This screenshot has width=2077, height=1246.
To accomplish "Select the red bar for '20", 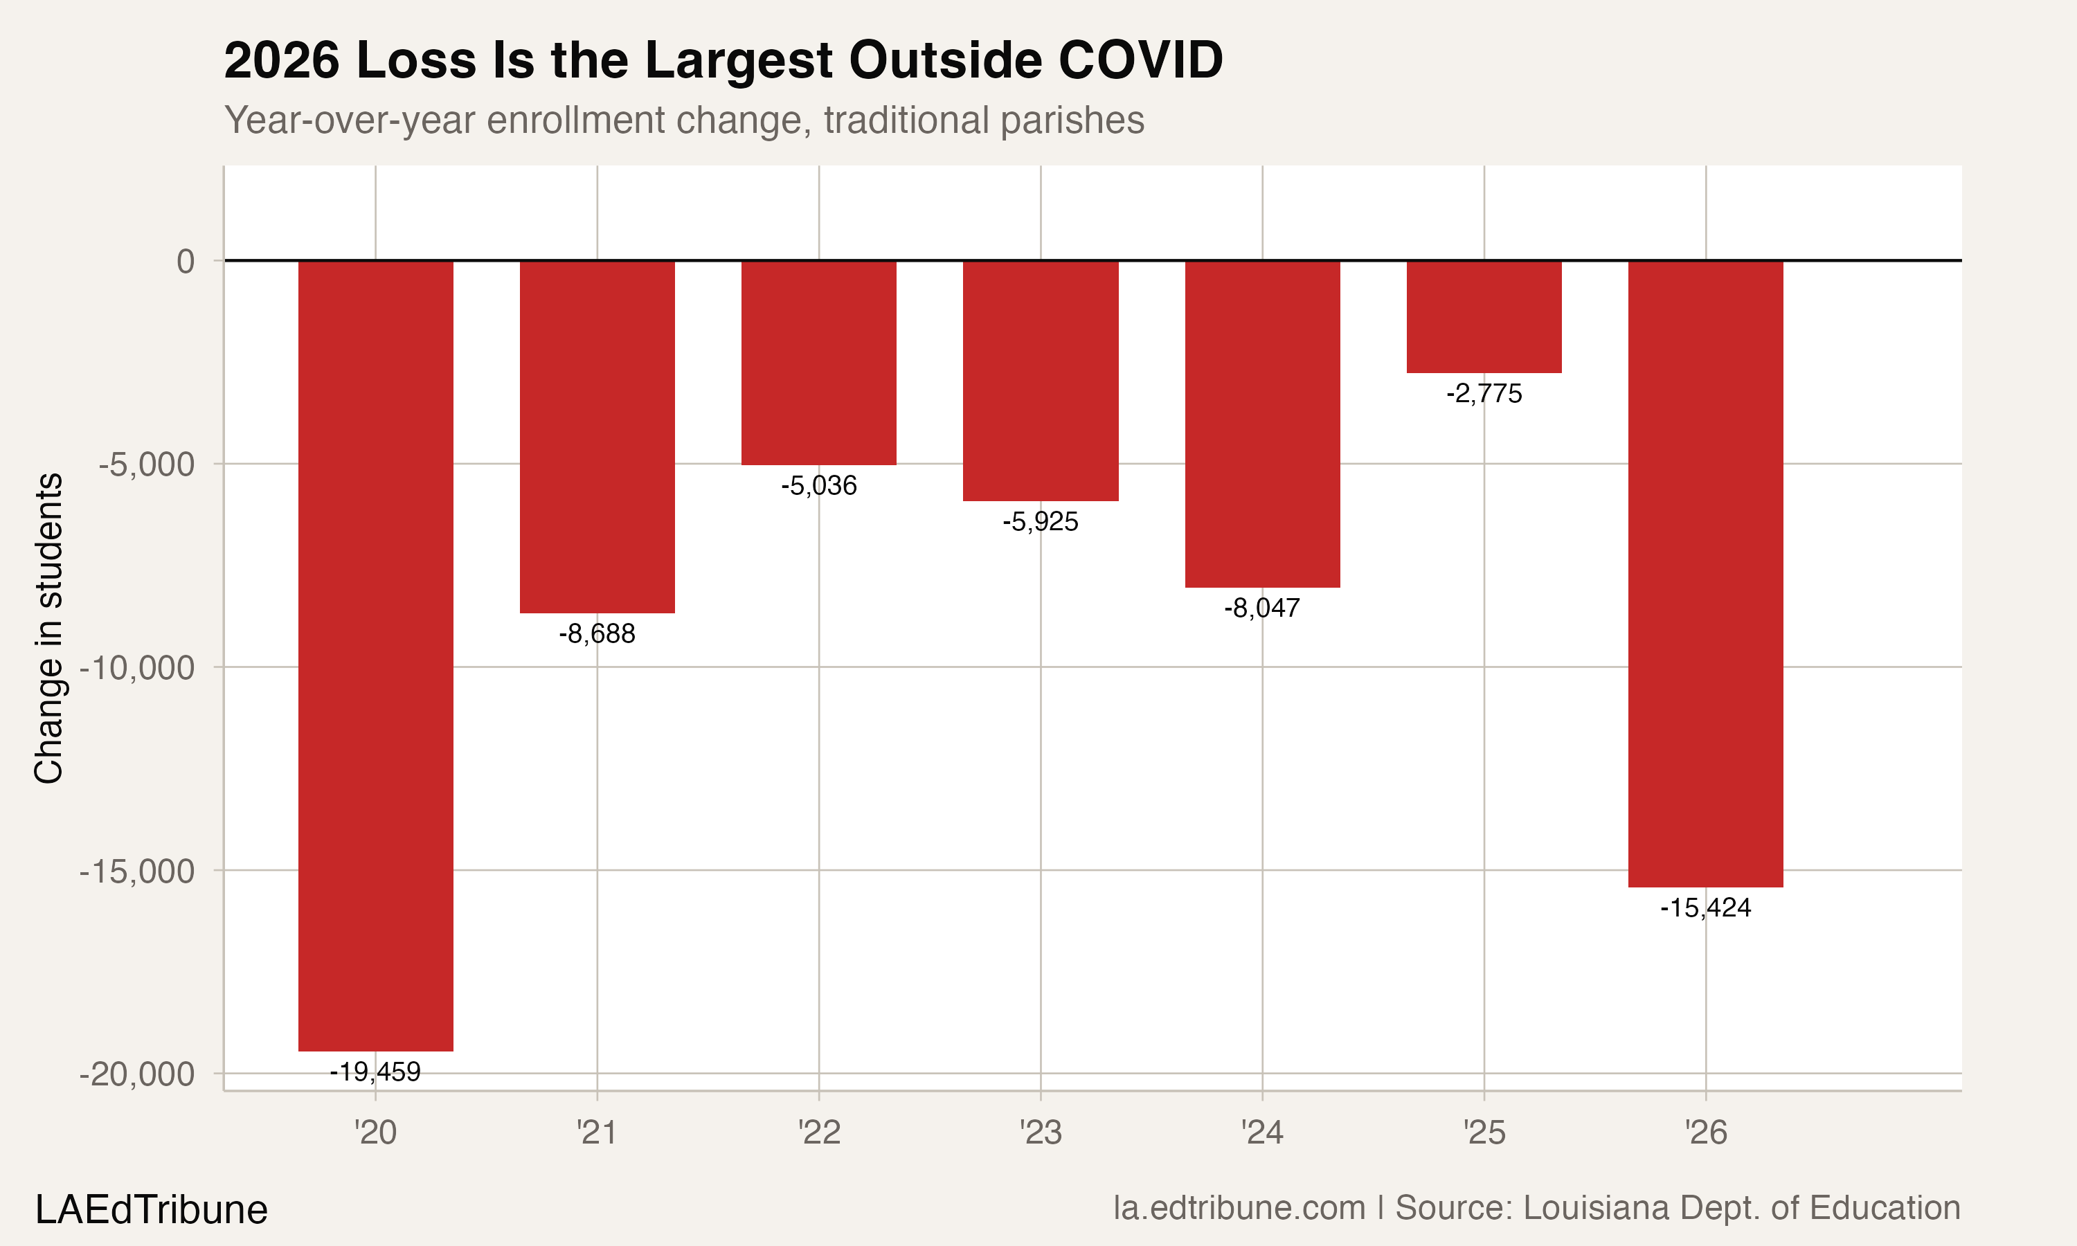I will coord(375,655).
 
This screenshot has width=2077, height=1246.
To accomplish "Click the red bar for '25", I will coord(1484,316).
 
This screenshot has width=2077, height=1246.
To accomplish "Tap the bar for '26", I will coord(1705,573).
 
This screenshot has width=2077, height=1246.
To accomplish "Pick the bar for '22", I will coord(818,363).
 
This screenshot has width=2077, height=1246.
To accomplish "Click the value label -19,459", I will coord(375,1072).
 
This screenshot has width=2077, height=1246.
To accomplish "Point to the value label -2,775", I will coord(1484,393).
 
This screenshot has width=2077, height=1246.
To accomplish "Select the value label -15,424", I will coord(1705,908).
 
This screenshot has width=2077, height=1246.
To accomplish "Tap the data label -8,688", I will coord(597,633).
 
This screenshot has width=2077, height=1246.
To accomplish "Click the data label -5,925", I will coord(1040,521).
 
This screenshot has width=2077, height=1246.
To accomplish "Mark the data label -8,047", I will coord(1262,608).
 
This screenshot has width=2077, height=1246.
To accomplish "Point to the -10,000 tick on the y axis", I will coord(137,668).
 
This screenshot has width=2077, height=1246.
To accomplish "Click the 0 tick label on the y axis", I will coord(186,261).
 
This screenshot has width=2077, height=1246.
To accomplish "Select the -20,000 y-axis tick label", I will coord(137,1074).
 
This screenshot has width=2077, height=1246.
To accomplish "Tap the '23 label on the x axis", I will coord(1040,1132).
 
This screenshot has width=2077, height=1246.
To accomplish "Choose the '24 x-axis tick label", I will coord(1262,1132).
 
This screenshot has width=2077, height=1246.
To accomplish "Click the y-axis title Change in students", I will coord(48,628).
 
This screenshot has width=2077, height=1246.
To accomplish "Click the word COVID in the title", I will coord(1140,60).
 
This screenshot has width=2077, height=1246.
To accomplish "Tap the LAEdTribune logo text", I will coord(151,1210).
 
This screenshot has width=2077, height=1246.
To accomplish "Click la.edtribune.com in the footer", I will coord(1239,1208).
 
